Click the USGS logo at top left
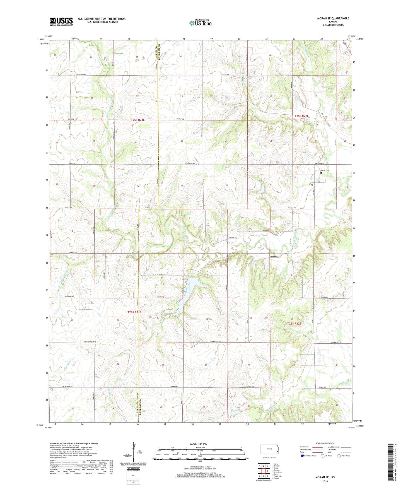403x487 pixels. (61, 21)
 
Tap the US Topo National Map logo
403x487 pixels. (200, 23)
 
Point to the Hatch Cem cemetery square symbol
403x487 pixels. (321, 173)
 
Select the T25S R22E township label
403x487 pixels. (302, 116)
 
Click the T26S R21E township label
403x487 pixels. (134, 312)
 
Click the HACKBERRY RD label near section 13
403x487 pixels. (216, 341)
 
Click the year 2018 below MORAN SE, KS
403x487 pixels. (325, 481)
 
